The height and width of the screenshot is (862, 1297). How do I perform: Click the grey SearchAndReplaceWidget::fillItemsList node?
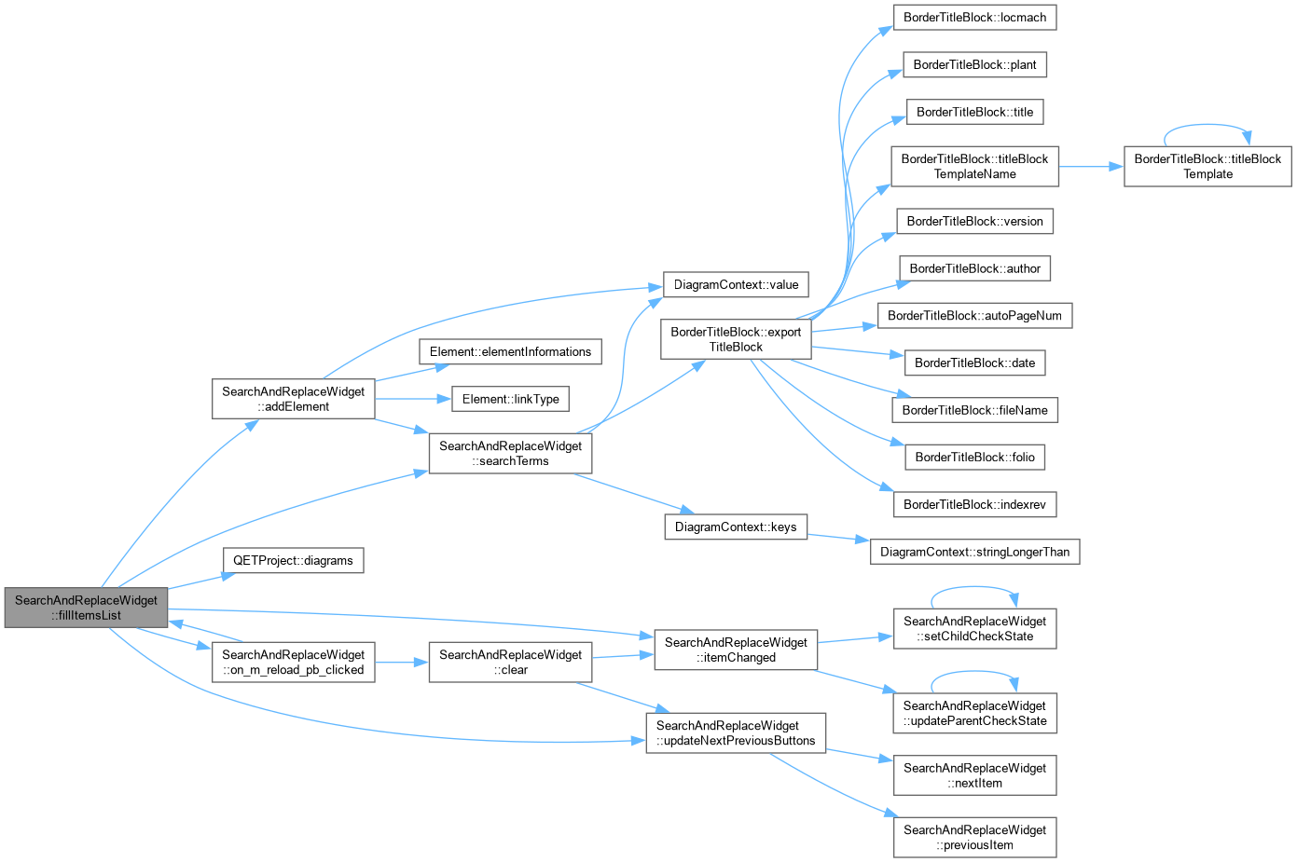tap(87, 608)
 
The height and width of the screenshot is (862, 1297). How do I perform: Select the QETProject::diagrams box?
tap(293, 561)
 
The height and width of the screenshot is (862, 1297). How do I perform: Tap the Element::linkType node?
tap(510, 399)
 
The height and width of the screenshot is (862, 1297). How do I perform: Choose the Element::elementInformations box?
tap(510, 351)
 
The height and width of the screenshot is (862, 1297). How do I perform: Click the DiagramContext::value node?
tap(736, 284)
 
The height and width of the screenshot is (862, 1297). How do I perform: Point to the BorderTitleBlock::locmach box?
tap(974, 18)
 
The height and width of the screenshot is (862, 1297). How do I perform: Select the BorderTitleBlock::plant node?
tap(974, 65)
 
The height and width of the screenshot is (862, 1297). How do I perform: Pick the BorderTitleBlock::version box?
tap(974, 221)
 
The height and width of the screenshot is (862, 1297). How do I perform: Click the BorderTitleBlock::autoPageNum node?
tap(974, 316)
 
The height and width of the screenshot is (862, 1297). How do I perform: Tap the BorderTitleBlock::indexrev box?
tap(974, 504)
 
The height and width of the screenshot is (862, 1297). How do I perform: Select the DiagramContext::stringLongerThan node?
tap(974, 552)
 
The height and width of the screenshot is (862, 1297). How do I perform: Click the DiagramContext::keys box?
tap(736, 527)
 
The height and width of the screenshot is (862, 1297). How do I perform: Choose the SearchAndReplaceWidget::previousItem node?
tap(974, 837)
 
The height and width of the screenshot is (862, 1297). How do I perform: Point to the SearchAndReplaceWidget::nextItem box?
tap(974, 775)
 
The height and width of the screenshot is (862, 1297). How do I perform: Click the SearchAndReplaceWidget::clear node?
tap(510, 663)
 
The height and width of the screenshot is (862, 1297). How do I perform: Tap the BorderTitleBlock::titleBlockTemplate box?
tap(1207, 167)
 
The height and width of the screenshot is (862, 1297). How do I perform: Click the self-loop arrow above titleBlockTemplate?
tap(1207, 124)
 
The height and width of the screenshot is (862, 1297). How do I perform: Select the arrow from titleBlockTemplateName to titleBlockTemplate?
tap(1091, 167)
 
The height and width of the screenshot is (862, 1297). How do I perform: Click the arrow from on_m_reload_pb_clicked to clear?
tap(402, 663)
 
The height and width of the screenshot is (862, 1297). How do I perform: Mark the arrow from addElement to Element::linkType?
tap(413, 399)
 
